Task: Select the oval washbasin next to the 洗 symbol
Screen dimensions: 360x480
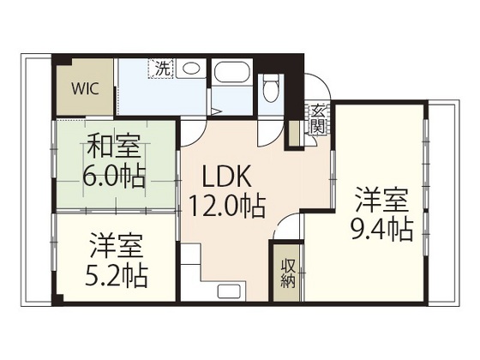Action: pos(193,69)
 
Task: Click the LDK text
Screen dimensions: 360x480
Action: pos(225,177)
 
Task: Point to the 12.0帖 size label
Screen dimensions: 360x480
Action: pos(226,206)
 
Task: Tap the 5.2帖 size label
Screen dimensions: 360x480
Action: pos(117,275)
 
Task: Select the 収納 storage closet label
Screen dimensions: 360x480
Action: pos(286,273)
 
